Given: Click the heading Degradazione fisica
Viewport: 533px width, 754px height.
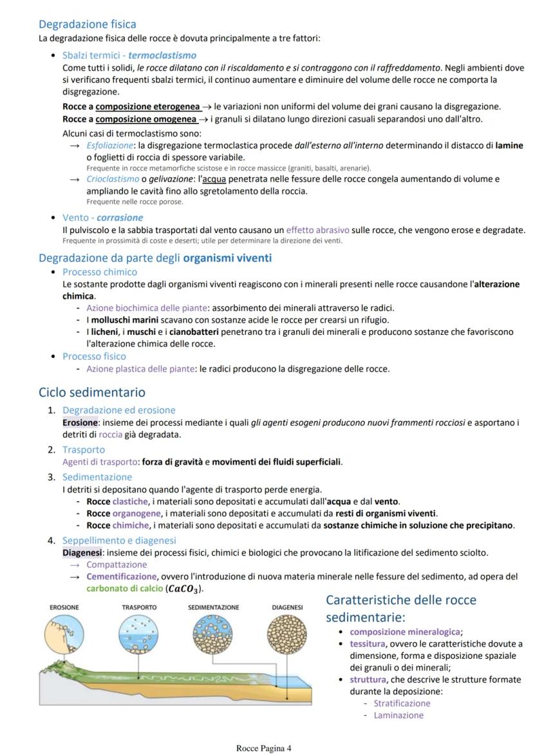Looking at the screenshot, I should point(88,24).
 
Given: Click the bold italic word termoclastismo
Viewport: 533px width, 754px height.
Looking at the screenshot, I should point(162,55).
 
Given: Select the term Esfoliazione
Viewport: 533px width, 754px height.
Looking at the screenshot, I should point(105,146).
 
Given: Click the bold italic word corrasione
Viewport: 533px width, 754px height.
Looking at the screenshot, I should point(120,218).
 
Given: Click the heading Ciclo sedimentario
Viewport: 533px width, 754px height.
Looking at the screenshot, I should point(92,392).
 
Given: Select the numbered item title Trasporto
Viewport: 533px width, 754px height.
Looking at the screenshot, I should point(83,449).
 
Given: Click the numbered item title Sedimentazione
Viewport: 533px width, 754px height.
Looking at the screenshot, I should point(97,477).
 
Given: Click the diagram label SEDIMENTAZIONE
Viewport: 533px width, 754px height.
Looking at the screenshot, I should point(213,607).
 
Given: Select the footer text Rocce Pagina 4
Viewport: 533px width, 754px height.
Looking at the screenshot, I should point(264,748).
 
